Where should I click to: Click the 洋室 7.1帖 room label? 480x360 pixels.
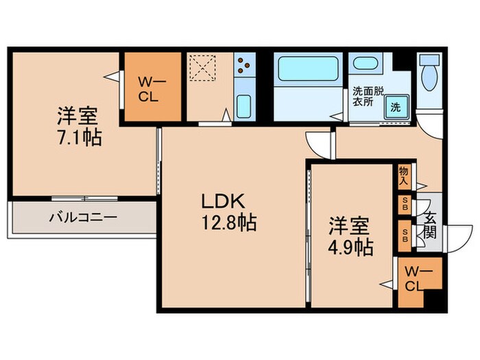pyautogui.click(x=80, y=125)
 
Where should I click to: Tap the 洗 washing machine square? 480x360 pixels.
pyautogui.click(x=396, y=106)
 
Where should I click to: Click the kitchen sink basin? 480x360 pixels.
pyautogui.click(x=244, y=106)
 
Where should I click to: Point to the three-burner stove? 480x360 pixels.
pyautogui.click(x=244, y=67)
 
